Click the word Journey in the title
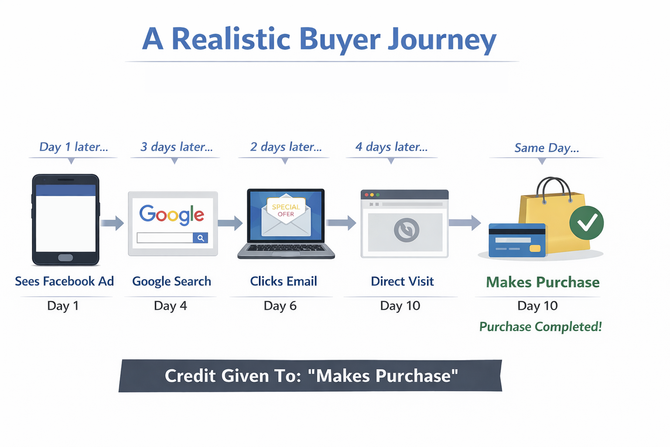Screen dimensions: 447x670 (442, 39)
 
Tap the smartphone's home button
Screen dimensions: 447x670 (65, 257)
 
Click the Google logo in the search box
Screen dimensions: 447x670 (171, 214)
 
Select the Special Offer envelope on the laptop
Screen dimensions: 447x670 (286, 215)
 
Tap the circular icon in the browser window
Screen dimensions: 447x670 (407, 230)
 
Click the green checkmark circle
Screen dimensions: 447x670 (586, 223)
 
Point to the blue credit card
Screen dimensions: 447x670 (517, 241)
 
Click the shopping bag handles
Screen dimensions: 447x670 (554, 188)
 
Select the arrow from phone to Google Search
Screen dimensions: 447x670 (112, 223)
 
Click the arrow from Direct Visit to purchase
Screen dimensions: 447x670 (465, 223)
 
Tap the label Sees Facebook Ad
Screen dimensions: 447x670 (65, 281)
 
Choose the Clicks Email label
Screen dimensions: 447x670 (284, 281)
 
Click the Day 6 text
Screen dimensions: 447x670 (280, 306)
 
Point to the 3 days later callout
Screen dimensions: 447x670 (176, 147)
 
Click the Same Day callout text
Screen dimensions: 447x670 (546, 148)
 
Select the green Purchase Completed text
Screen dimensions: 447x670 (540, 327)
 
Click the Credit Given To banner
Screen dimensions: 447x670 (311, 376)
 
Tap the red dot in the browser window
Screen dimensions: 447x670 (366, 195)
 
